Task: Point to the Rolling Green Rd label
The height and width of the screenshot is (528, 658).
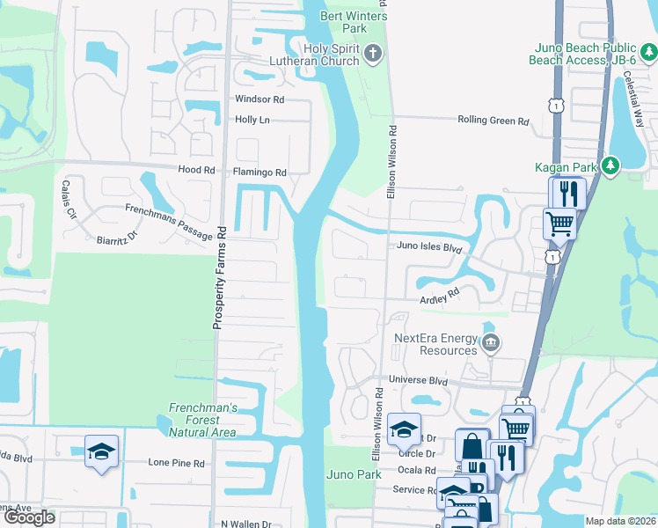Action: coord(493,121)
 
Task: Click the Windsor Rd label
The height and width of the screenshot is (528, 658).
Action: coord(260,99)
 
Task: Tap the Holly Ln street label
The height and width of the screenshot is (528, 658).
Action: coord(252,120)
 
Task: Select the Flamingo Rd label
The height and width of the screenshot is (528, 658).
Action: coord(260,172)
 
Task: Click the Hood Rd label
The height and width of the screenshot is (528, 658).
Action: coord(196,170)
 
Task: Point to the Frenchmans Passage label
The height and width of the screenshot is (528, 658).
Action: coord(169,222)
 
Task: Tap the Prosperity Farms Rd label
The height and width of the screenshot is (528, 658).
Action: coord(222,277)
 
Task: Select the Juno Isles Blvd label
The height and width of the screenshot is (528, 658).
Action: coord(429,248)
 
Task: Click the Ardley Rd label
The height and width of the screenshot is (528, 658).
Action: coord(440,295)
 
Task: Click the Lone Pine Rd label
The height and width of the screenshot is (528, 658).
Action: coord(176,462)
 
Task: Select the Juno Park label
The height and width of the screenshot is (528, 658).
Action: coord(353,474)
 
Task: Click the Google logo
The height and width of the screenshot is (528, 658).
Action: coord(29,517)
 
